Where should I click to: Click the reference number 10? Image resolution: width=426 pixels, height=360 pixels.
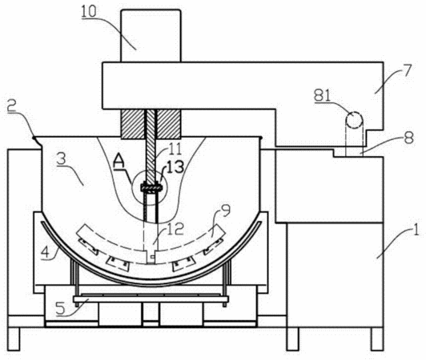pos(89,12)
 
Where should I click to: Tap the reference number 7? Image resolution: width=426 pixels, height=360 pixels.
pos(405,70)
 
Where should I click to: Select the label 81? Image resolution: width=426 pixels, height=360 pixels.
pos(323,95)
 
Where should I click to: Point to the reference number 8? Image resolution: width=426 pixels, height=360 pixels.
pos(408,137)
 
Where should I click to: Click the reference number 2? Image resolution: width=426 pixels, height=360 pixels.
pos(13,107)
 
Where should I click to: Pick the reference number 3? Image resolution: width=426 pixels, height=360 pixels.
pos(62,159)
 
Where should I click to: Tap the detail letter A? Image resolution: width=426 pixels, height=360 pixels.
pos(119,162)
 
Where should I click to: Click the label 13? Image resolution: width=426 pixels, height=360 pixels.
pos(175,166)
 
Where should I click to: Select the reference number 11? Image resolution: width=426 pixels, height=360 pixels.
pos(173,149)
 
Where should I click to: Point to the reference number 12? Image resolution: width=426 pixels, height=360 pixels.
pos(175,228)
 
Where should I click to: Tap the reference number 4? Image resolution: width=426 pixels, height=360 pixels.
pos(46,253)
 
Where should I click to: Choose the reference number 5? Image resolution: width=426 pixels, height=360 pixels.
pos(61,309)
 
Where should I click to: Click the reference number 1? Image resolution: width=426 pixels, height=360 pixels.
pos(416,231)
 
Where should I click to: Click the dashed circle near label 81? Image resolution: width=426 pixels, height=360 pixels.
pos(354,120)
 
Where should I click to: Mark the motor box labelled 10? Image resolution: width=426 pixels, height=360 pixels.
pos(151,36)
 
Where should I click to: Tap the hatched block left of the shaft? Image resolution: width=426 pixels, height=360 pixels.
pos(133,124)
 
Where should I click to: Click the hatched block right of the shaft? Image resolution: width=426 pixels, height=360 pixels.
pos(169,124)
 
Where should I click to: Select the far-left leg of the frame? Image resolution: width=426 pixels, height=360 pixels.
pos(14,339)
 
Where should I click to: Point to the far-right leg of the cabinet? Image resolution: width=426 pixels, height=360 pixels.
pos(377,339)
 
